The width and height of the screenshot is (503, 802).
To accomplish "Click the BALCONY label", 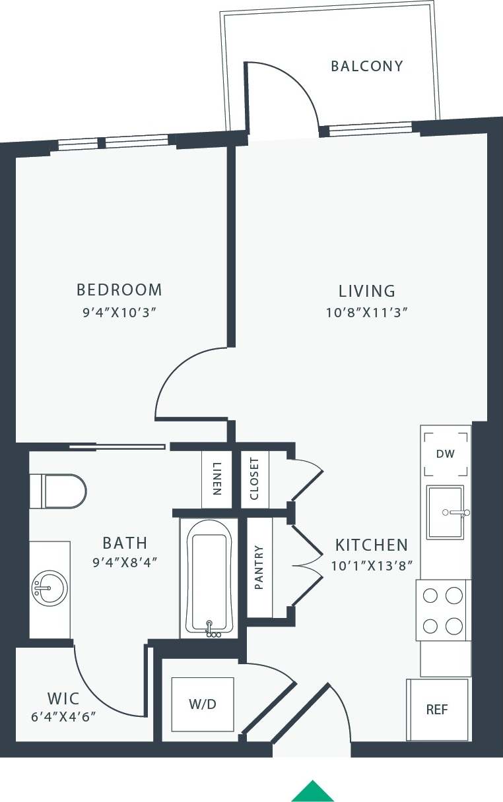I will pyautogui.click(x=366, y=66).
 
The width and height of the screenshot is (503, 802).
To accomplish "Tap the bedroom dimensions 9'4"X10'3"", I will pyautogui.click(x=119, y=312).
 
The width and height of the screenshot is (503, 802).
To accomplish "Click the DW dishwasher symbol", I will pyautogui.click(x=446, y=454).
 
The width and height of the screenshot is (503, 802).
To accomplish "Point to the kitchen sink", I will pyautogui.click(x=446, y=512).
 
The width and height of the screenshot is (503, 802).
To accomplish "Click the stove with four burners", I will pyautogui.click(x=442, y=610).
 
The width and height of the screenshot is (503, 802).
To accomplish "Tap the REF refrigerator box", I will pyautogui.click(x=437, y=710).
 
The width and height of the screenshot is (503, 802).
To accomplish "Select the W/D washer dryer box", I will pyautogui.click(x=202, y=704).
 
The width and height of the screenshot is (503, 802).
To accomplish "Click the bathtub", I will pyautogui.click(x=209, y=578).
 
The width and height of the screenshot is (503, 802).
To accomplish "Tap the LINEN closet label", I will pyautogui.click(x=217, y=479).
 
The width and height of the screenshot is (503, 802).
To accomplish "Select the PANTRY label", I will pyautogui.click(x=259, y=567).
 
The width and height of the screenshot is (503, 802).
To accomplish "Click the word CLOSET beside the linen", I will pyautogui.click(x=255, y=479).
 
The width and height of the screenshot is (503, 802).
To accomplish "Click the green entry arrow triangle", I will pyautogui.click(x=313, y=791).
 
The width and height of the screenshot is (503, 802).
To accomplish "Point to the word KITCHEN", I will pyautogui.click(x=371, y=545).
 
